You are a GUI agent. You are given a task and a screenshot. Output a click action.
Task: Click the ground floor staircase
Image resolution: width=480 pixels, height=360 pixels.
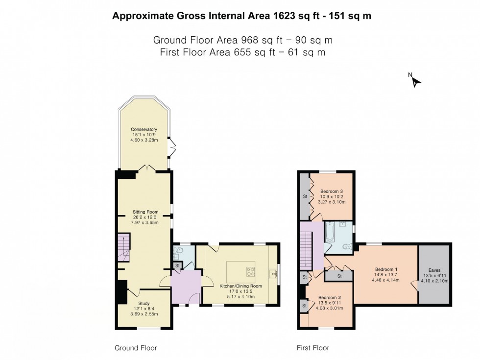124,248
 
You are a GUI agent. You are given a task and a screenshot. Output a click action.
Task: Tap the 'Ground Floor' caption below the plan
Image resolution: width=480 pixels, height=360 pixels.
136,348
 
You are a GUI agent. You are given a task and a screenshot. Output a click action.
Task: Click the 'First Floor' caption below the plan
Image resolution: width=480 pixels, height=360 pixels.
312,348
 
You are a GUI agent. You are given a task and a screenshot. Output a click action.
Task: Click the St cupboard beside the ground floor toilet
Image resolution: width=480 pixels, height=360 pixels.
177,266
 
